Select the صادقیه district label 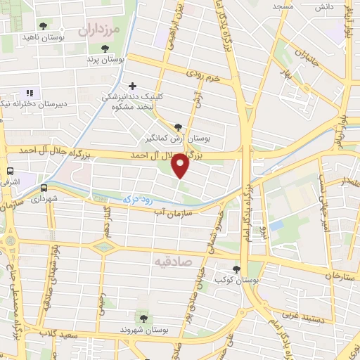(172, 261)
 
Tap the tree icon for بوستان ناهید (44, 26)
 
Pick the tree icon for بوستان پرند (105, 49)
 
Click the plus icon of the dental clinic (132, 86)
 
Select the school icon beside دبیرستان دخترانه (30, 93)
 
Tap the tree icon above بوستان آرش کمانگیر (178, 127)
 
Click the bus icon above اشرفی (10, 171)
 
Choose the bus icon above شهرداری (44, 188)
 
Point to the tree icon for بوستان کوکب (236, 269)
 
